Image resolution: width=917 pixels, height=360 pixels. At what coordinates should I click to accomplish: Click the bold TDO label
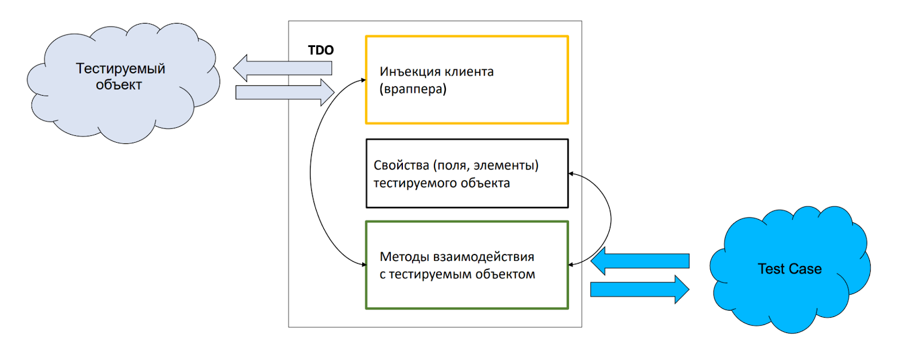pos(320,50)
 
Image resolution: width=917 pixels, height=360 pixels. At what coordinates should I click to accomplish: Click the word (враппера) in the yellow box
pos(413,89)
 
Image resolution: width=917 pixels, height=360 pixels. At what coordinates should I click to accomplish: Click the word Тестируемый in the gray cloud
pos(120,69)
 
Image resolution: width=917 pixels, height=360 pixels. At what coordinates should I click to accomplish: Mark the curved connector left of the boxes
pos(311,172)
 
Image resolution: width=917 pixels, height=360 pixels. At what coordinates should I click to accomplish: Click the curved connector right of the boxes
pos(610,218)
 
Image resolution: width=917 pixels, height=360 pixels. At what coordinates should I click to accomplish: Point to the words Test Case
pos(790,269)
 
